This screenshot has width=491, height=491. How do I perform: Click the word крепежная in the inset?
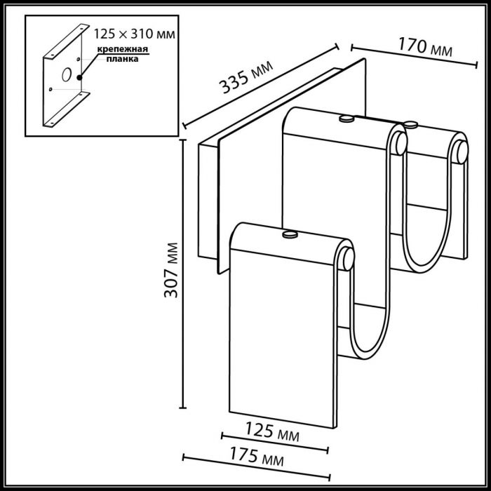122,49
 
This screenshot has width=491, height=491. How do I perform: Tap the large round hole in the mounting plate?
65,73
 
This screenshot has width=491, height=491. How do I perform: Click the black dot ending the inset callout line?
80,77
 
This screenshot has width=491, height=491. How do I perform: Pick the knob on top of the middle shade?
345,120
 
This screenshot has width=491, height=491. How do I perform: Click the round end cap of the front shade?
347,257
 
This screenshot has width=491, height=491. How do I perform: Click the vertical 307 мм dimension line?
184,274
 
